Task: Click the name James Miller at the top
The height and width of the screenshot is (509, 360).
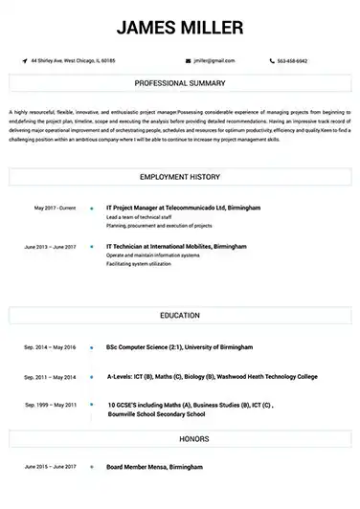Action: [x=179, y=26]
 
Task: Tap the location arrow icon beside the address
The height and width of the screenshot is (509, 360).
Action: [x=25, y=60]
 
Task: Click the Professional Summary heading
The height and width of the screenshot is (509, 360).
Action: [x=179, y=84]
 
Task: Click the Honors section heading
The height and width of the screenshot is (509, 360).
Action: [x=179, y=439]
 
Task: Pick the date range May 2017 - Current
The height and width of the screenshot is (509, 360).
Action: [x=54, y=208]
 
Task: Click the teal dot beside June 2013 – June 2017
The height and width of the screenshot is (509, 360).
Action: [x=91, y=246]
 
